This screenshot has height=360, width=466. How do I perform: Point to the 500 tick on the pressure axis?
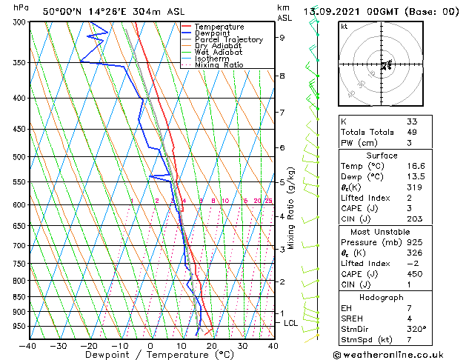[x=20, y=157]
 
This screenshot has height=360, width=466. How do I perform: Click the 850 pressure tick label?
[x=20, y=297]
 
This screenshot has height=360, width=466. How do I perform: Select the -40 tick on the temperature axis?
[x=28, y=346]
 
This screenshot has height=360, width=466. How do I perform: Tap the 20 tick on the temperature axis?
[x=212, y=346]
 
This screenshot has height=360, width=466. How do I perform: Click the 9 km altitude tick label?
[x=282, y=37]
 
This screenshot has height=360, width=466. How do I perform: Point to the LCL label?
[x=291, y=323]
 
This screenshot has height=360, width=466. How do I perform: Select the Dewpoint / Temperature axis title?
[x=150, y=356]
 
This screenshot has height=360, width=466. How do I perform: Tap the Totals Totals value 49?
[x=412, y=132]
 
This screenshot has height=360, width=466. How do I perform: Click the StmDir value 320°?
[x=416, y=330]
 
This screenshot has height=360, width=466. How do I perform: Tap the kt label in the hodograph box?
[x=344, y=27]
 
